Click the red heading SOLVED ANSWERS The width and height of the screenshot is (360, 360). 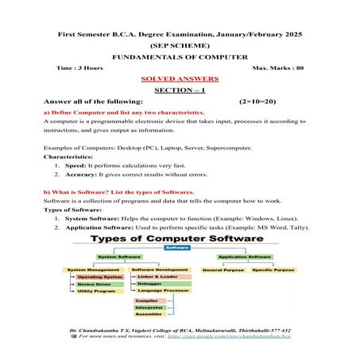179,80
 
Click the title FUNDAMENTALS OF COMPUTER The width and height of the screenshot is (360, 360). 180,57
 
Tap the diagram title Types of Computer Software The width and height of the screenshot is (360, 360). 178,238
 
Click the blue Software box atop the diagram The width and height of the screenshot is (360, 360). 177,248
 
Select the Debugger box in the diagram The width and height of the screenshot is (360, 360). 149,284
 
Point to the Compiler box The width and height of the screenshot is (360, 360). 147,302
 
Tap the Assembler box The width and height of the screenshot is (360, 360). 148,315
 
